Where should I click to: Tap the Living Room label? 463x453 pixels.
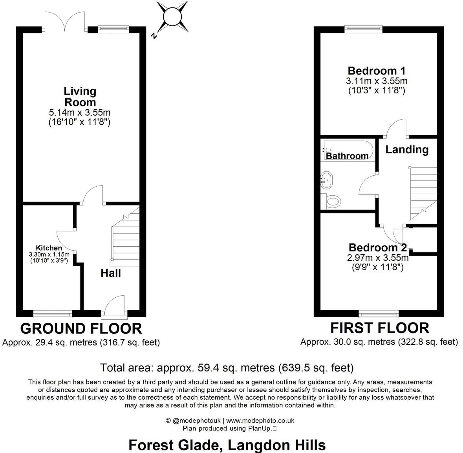click(x=80, y=96)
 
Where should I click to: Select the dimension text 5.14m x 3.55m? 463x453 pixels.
click(x=80, y=113)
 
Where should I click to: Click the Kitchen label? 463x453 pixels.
click(x=49, y=248)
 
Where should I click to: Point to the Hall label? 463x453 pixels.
click(x=111, y=273)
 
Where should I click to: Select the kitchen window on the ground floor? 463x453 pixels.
click(x=53, y=313)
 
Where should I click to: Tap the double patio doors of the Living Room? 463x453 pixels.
click(x=65, y=23)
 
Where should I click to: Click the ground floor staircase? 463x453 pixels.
click(x=126, y=239)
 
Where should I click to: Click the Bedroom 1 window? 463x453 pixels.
click(x=363, y=28)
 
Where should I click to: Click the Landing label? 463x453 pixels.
click(x=407, y=149)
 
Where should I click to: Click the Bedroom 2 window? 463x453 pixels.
click(x=379, y=313)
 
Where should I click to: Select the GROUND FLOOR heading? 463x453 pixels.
click(x=81, y=328)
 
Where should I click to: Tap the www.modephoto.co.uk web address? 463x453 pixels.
click(x=260, y=420)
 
